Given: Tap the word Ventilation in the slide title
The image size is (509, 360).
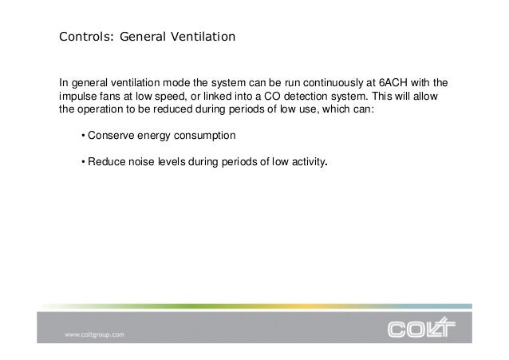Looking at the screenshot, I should tap(203, 37).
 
